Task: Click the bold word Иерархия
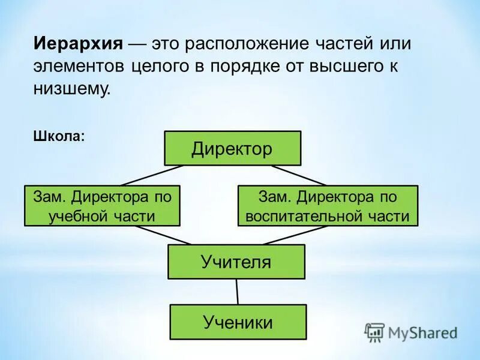tap(78, 44)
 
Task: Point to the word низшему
tap(72, 89)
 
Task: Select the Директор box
tap(232, 148)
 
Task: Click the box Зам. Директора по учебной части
tap(102, 206)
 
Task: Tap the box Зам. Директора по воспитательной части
tap(328, 206)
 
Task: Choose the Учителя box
tap(236, 262)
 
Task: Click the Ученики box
tap(238, 322)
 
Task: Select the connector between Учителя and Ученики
tap(237, 292)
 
